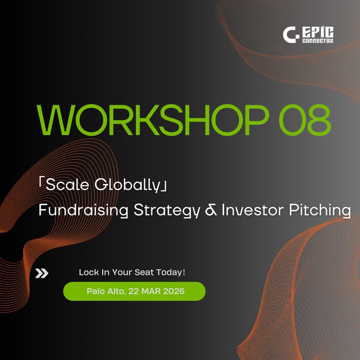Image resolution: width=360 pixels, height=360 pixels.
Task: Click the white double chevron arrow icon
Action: pos(42,273)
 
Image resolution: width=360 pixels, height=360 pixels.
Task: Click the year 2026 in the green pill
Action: pos(174,291)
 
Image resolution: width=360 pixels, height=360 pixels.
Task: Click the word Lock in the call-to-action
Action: pos(87,273)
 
